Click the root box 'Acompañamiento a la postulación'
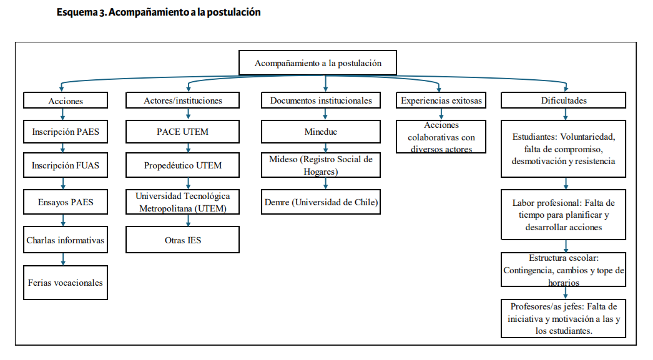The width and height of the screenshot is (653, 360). (x=318, y=63)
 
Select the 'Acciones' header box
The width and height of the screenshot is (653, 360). (x=66, y=100)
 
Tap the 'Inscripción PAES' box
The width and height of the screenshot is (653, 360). (x=66, y=132)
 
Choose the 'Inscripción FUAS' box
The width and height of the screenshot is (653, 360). (x=66, y=165)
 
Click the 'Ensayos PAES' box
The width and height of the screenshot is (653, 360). (x=66, y=202)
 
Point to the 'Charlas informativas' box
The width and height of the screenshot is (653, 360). (x=66, y=240)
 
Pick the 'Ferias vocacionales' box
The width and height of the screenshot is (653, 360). (x=66, y=283)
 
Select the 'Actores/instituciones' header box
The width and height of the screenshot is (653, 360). (x=182, y=100)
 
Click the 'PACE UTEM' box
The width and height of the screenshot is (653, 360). (x=182, y=132)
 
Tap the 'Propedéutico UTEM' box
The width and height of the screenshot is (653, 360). (x=182, y=165)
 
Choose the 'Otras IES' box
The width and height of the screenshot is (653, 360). (x=182, y=240)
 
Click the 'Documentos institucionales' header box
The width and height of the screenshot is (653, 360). (x=321, y=100)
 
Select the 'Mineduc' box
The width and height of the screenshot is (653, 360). (x=321, y=132)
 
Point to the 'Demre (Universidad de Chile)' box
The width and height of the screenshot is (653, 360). (x=321, y=202)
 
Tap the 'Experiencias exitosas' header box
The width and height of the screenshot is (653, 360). (x=441, y=100)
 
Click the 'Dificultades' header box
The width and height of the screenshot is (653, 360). (x=564, y=100)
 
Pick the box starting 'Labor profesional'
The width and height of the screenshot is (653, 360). (x=564, y=215)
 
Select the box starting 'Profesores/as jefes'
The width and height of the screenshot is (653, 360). (x=564, y=318)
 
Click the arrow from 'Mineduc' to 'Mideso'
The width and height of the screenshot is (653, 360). (x=326, y=148)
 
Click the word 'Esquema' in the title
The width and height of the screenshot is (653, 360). (x=77, y=12)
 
